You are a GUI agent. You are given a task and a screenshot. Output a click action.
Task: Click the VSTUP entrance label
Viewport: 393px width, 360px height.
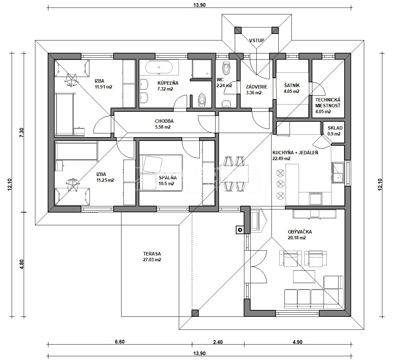pyautogui.click(x=256, y=40)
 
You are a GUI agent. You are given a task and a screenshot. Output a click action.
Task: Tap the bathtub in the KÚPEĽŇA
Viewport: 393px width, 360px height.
pyautogui.click(x=159, y=67)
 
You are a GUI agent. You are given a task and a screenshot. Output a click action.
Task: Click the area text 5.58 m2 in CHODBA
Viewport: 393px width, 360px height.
pyautogui.click(x=163, y=127)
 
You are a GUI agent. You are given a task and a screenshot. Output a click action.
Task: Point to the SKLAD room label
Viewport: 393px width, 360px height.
pyautogui.click(x=335, y=128)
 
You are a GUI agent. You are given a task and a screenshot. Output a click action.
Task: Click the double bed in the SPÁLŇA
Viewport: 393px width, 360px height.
pyautogui.click(x=161, y=172)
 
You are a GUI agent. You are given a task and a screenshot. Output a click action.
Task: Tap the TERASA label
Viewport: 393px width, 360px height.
pyautogui.click(x=152, y=254)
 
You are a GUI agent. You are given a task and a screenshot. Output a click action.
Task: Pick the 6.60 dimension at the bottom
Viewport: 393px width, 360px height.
pyautogui.click(x=120, y=342)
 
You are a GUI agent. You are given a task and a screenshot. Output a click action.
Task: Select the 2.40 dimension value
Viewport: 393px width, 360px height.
pyautogui.click(x=218, y=342)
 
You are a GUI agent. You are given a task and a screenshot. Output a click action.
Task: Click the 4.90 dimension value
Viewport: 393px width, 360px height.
pyautogui.click(x=298, y=342)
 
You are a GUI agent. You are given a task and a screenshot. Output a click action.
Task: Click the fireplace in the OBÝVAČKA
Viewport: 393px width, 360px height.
pyautogui.click(x=258, y=220)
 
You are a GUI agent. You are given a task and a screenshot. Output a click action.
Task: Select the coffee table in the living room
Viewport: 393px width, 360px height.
pyautogui.click(x=304, y=276)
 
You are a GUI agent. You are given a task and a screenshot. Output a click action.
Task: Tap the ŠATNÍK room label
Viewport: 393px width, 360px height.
pyautogui.click(x=291, y=85)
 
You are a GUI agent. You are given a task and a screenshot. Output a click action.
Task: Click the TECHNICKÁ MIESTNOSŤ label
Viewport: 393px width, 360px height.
pyautogui.click(x=328, y=103)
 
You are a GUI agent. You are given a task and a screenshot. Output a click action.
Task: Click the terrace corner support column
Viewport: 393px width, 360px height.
pyautogui.click(x=195, y=313)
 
